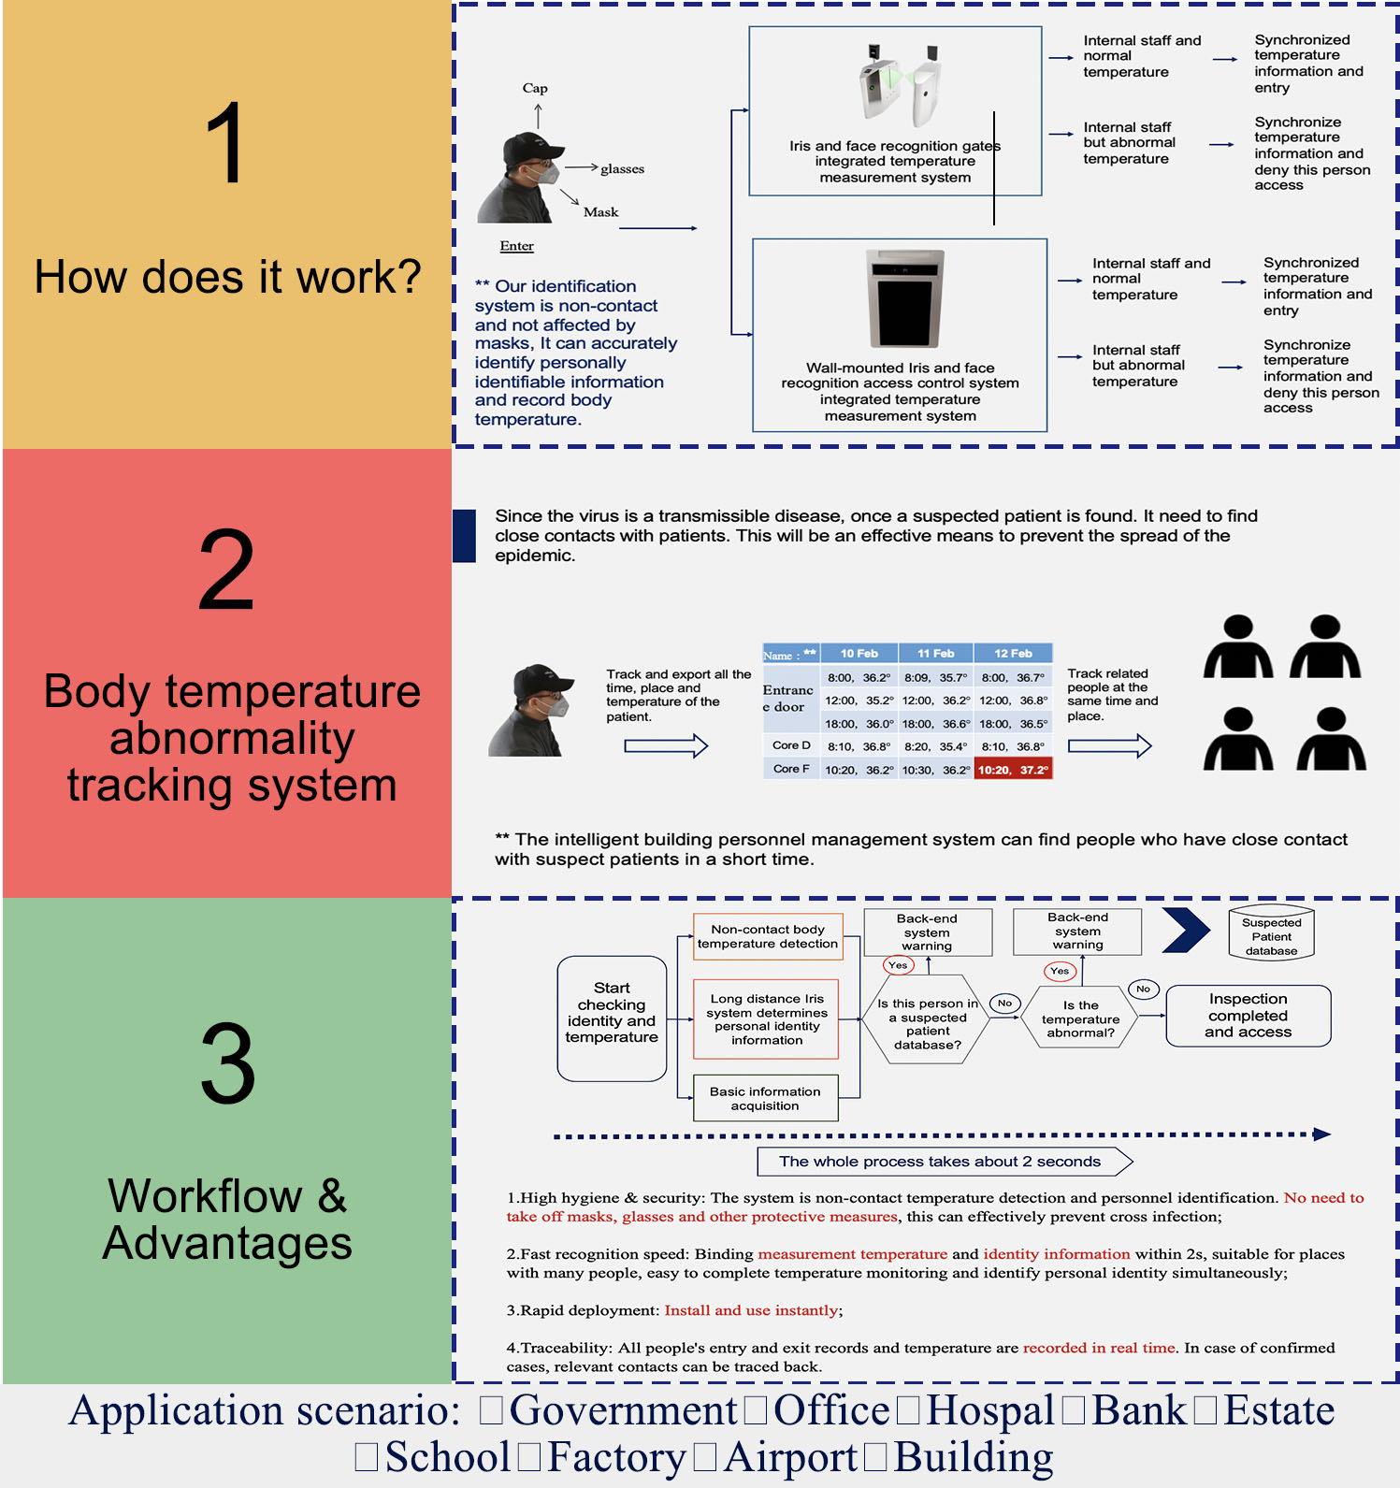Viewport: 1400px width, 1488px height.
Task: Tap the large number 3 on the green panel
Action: point(227,1063)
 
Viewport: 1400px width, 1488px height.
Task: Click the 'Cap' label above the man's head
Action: point(535,88)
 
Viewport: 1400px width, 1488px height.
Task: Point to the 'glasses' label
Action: point(622,169)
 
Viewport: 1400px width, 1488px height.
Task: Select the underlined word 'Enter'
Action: point(516,246)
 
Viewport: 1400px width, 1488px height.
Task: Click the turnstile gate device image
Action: point(899,85)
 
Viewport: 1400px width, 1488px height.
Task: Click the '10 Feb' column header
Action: point(859,654)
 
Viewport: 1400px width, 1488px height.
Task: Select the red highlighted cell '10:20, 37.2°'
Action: point(1013,770)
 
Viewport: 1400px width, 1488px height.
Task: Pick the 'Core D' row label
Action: point(791,745)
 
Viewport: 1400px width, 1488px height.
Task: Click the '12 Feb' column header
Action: point(1013,654)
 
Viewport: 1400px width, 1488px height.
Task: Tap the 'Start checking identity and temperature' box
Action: point(612,1018)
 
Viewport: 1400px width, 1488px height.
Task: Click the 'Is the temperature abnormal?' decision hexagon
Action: point(1080,1018)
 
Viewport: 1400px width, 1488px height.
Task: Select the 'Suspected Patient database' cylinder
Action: point(1271,932)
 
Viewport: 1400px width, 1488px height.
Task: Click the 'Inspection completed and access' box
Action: point(1248,1016)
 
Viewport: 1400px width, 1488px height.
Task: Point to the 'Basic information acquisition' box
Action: point(765,1098)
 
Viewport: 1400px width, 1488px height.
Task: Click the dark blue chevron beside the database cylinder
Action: point(1186,930)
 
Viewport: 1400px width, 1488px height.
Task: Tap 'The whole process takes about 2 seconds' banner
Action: point(940,1162)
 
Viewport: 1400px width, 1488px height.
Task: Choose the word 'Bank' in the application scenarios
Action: point(1139,1410)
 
